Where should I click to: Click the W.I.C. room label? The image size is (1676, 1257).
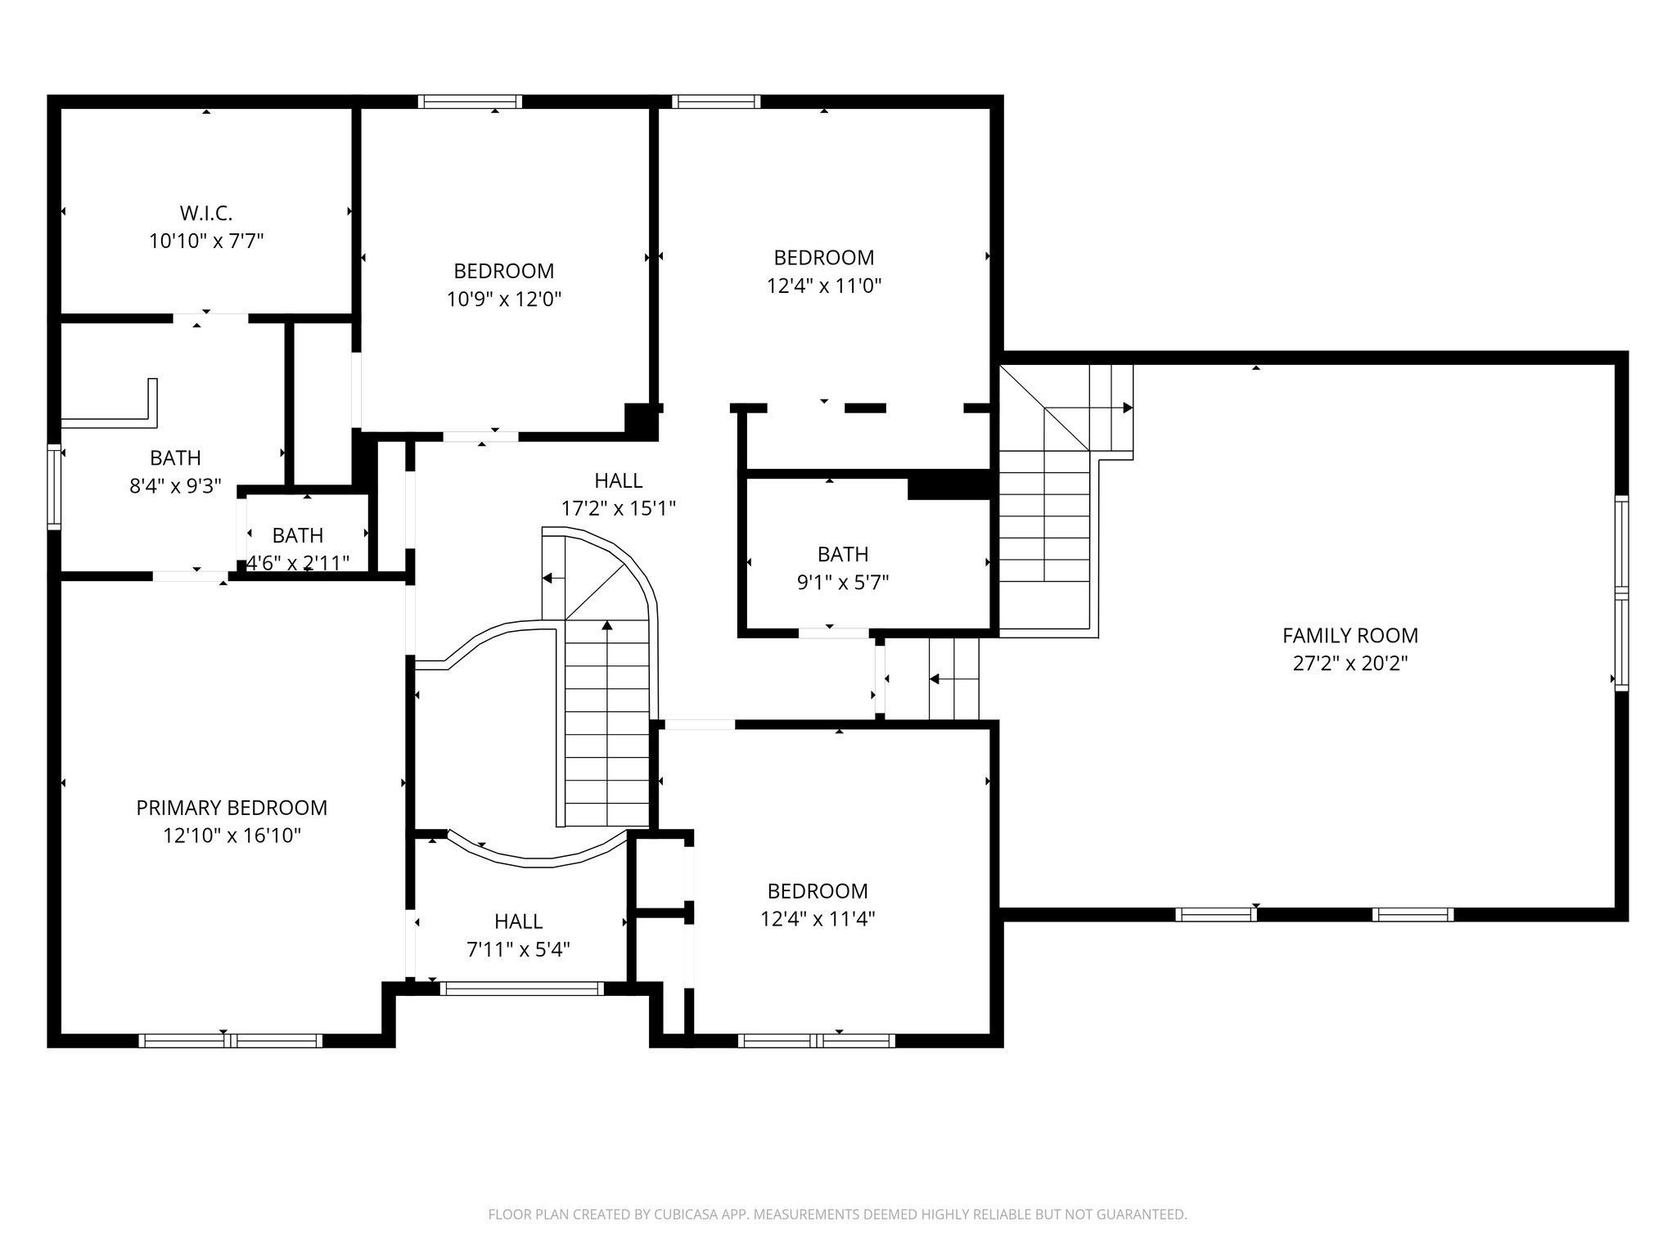pyautogui.click(x=206, y=214)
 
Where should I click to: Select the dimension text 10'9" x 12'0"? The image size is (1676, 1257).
pyautogui.click(x=504, y=300)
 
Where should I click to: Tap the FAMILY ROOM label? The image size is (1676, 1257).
pyautogui.click(x=1349, y=635)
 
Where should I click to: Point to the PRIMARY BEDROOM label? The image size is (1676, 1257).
pyautogui.click(x=232, y=808)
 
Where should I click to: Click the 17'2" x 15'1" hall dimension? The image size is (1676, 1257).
pyautogui.click(x=618, y=509)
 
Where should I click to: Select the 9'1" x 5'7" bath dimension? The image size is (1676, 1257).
pyautogui.click(x=843, y=583)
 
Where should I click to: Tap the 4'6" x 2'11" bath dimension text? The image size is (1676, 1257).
pyautogui.click(x=298, y=563)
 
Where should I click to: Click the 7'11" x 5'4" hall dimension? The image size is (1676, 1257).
pyautogui.click(x=518, y=950)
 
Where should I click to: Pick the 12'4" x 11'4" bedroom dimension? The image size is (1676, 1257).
pyautogui.click(x=818, y=919)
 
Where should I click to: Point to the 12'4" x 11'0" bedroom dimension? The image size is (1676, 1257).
pyautogui.click(x=823, y=286)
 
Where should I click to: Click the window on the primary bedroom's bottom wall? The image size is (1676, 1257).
pyautogui.click(x=230, y=1041)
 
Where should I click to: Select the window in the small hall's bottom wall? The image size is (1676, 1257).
pyautogui.click(x=521, y=989)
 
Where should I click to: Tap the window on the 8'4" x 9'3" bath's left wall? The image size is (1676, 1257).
pyautogui.click(x=54, y=487)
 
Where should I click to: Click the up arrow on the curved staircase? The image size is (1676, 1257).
pyautogui.click(x=607, y=627)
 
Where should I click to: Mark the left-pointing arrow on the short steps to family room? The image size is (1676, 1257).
pyautogui.click(x=935, y=679)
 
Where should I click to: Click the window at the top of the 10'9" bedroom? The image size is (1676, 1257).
pyautogui.click(x=470, y=101)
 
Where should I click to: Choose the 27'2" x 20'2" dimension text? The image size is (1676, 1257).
pyautogui.click(x=1349, y=663)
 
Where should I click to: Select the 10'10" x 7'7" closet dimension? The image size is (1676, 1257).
pyautogui.click(x=206, y=241)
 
